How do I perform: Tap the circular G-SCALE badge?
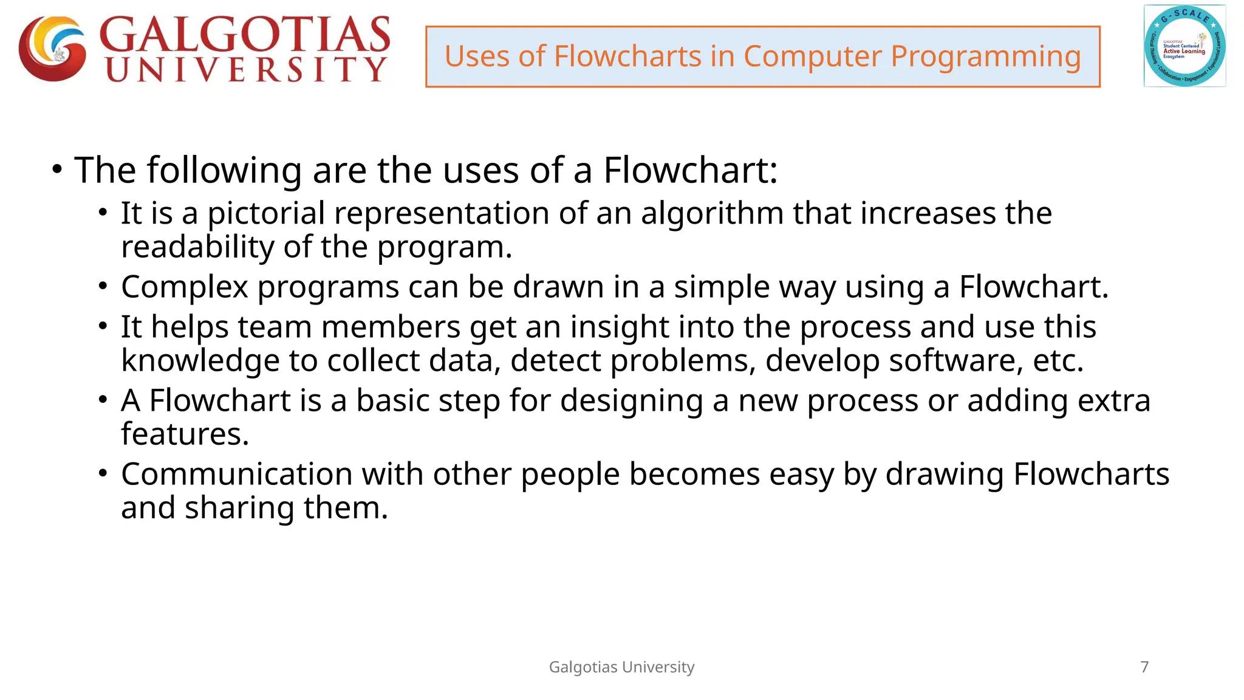(x=1184, y=46)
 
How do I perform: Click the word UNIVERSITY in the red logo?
(x=247, y=69)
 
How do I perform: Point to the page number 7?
(x=1144, y=667)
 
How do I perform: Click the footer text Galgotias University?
(x=621, y=667)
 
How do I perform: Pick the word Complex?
(x=185, y=287)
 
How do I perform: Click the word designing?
(x=631, y=401)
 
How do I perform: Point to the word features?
(x=185, y=434)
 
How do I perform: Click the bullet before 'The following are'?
(x=57, y=170)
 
